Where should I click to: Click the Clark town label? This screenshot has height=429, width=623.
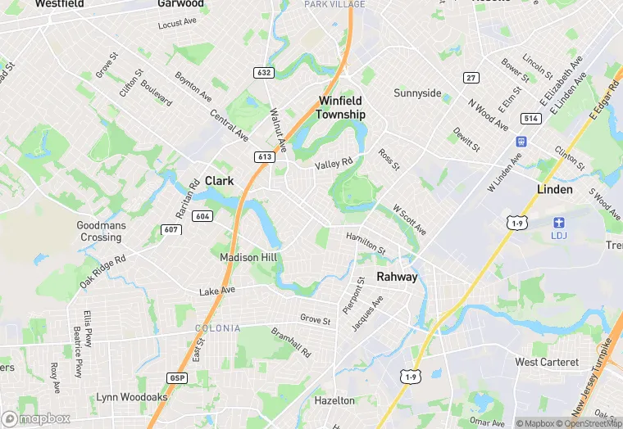click(219, 180)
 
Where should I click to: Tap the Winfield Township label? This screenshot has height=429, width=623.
click(340, 108)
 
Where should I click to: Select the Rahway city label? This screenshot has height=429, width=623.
click(397, 277)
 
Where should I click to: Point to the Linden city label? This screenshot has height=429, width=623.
click(555, 189)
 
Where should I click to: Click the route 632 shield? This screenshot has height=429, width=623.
click(263, 72)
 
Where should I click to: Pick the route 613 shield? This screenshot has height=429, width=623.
click(264, 156)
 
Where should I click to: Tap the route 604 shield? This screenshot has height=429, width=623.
click(202, 216)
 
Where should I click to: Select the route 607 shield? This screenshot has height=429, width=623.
click(171, 229)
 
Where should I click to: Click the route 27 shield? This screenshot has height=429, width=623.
click(470, 78)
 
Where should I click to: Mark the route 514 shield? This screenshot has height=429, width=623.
click(530, 119)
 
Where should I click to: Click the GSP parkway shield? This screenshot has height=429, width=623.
click(175, 377)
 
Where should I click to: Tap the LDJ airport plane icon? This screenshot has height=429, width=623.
click(560, 223)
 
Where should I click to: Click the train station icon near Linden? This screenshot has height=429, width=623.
click(518, 140)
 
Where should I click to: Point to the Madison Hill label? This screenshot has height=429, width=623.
click(249, 257)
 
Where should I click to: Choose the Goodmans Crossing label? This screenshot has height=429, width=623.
click(99, 231)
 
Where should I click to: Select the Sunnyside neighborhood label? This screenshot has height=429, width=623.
click(417, 93)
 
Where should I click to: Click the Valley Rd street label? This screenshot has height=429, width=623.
click(334, 164)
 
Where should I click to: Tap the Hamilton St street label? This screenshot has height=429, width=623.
click(366, 242)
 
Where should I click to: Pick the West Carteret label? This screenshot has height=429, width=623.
click(547, 362)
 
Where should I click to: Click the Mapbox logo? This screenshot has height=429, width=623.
click(36, 418)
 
